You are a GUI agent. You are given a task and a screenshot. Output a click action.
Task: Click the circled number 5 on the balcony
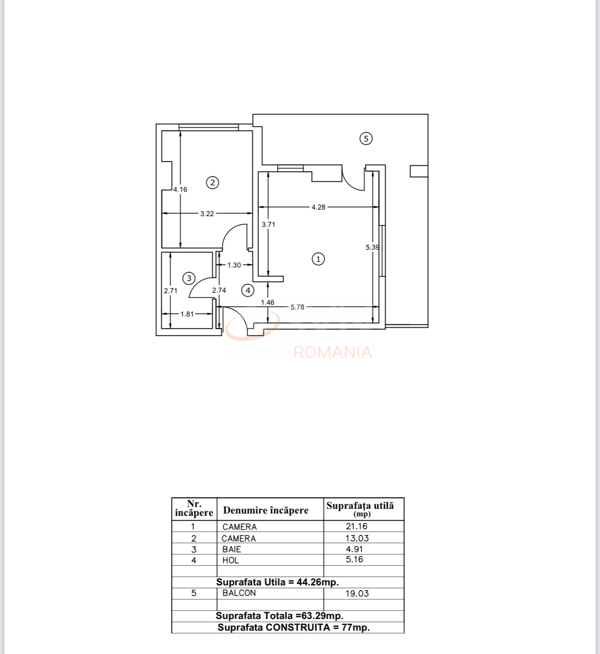point(366,139)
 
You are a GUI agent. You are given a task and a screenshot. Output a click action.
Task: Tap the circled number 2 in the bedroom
point(213,183)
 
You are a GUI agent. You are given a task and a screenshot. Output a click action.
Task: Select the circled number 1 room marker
point(318,259)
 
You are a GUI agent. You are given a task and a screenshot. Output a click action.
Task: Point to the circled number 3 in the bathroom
point(189,278)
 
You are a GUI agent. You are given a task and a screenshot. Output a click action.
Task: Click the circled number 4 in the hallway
point(248,290)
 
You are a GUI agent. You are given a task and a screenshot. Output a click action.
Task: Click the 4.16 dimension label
point(180,190)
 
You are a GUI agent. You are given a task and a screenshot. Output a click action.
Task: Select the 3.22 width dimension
point(207,214)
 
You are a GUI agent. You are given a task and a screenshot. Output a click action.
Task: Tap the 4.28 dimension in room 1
point(318,207)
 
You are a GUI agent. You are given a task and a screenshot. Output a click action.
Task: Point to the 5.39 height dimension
point(372,247)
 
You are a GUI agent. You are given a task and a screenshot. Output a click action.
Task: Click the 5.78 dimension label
point(297,307)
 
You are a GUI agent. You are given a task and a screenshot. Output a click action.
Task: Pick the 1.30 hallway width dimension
point(234,266)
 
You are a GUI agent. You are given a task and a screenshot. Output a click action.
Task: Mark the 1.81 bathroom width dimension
point(187,314)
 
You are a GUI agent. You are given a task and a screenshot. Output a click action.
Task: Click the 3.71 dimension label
point(268,225)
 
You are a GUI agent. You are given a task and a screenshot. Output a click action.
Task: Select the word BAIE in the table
point(232,549)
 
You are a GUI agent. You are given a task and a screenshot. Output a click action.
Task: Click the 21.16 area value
point(357,526)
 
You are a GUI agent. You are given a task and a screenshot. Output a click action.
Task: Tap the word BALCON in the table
point(239,593)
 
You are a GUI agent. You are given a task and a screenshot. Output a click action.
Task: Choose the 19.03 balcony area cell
point(357,593)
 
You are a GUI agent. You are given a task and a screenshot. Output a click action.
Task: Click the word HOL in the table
point(230,561)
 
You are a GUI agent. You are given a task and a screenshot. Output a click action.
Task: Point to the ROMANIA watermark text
point(333,352)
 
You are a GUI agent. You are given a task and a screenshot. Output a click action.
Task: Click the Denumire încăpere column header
point(266,510)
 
